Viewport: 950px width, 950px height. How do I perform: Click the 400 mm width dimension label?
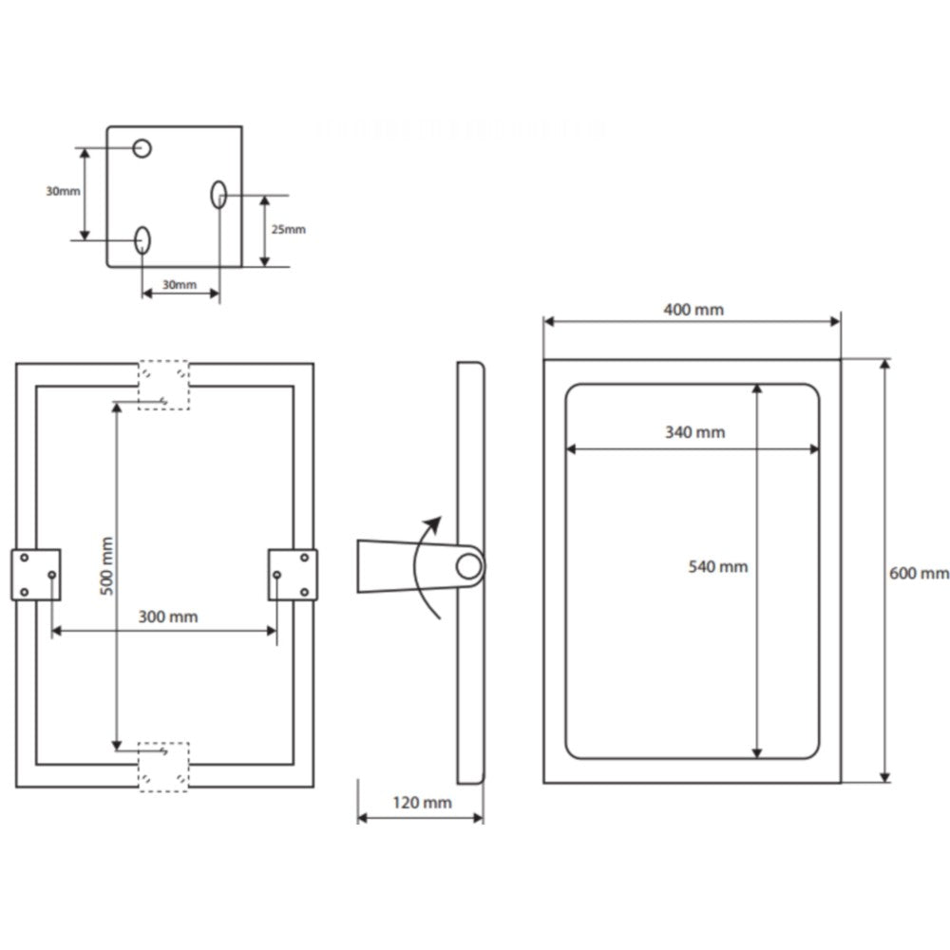click(693, 310)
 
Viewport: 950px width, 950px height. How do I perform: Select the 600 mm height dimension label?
click(919, 573)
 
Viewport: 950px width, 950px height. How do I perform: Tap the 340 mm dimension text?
click(694, 432)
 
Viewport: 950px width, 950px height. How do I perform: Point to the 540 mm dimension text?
click(717, 567)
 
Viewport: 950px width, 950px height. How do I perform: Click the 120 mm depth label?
click(422, 803)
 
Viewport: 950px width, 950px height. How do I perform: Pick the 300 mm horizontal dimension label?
click(168, 617)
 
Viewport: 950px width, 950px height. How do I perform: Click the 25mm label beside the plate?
click(289, 229)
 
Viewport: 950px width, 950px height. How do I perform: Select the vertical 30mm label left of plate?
click(63, 191)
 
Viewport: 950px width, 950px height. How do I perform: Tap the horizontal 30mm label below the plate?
click(179, 284)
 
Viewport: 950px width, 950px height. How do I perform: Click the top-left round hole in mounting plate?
click(142, 148)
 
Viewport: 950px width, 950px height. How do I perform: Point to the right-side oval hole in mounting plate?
click(218, 194)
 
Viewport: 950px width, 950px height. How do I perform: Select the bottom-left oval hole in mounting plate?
click(142, 239)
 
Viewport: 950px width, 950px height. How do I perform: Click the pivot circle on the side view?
click(467, 567)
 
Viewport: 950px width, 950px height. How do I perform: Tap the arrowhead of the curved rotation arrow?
click(434, 523)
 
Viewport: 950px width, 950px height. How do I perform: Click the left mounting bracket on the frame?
click(36, 575)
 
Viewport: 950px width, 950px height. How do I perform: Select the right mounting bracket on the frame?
click(293, 575)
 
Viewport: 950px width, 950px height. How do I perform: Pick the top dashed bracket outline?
click(163, 385)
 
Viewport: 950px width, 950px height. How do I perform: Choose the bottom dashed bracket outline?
click(163, 766)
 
